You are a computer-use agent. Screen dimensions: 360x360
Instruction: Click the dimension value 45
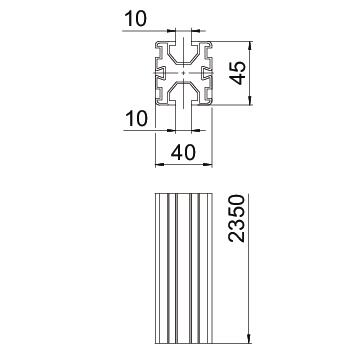pos(239,73)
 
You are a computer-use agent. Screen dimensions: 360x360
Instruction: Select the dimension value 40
pos(183,153)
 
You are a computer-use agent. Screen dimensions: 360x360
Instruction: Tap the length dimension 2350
pos(236,218)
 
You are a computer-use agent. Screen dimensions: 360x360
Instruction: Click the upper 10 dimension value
pos(136,18)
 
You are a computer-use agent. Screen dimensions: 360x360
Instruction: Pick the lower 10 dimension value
pos(136,119)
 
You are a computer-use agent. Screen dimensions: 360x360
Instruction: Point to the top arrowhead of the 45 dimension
pos(250,45)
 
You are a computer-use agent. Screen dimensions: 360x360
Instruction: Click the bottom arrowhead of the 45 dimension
pos(250,101)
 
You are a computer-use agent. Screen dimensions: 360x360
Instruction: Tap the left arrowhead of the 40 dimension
pos(159,164)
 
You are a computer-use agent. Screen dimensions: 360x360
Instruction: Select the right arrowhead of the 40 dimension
pos(208,164)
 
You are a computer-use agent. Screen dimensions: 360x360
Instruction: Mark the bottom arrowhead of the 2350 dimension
pos(249,339)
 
